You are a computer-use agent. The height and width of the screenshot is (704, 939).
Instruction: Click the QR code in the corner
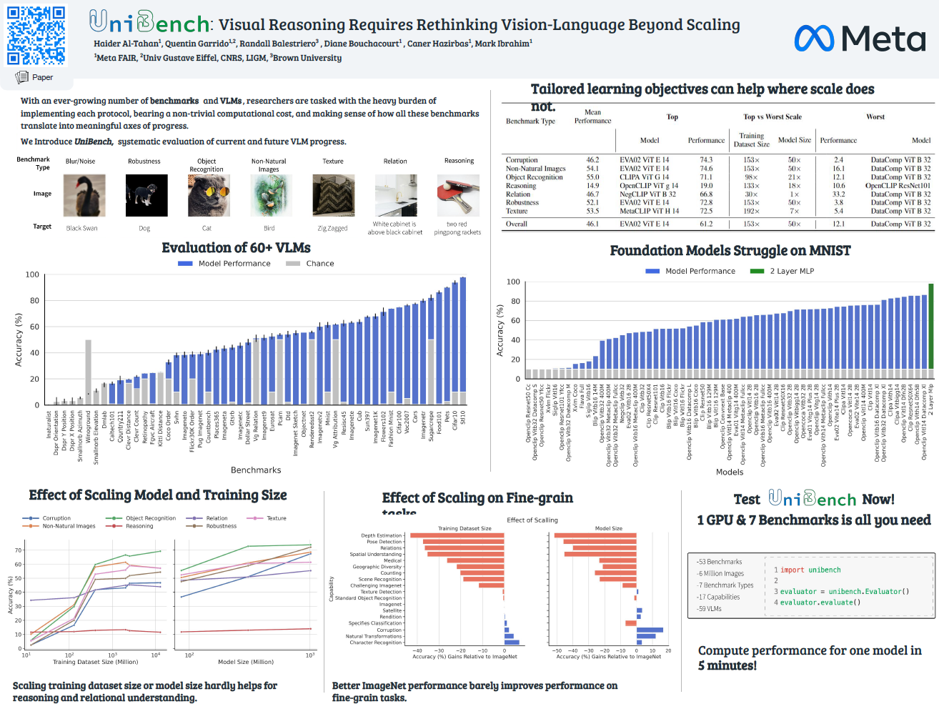[36, 36]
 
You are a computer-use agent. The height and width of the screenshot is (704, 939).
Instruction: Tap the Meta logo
[860, 39]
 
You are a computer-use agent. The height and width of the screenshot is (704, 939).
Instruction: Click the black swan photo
[84, 195]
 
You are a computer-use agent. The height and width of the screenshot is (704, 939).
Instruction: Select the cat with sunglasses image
[209, 195]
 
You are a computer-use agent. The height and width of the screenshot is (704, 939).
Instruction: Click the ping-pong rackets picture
[458, 195]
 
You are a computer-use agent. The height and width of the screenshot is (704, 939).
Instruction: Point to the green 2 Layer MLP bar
[930, 325]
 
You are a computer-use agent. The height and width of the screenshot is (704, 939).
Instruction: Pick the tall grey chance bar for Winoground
[88, 372]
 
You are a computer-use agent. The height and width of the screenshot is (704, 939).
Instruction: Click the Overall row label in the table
[517, 224]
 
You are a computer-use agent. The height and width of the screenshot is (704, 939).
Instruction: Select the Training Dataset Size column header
[751, 139]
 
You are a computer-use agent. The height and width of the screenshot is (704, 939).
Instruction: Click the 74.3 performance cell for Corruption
[706, 160]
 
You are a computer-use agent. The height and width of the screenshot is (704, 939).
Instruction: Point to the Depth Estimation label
[381, 535]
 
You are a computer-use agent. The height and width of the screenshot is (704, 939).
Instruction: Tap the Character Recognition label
[376, 643]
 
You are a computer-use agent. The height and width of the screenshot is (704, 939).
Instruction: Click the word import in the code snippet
[792, 570]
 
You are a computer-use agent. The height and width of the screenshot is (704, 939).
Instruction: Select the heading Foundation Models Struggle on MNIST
[730, 251]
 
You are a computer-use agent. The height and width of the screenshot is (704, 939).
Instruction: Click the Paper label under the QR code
[42, 77]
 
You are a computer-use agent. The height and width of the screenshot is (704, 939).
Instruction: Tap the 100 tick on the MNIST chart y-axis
[513, 282]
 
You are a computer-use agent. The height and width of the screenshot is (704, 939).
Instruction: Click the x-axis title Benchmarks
[256, 470]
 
